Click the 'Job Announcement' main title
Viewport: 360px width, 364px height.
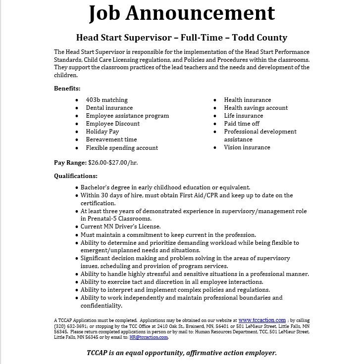pyautogui.click(x=181, y=14)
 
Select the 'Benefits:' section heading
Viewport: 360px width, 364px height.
pyautogui.click(x=67, y=89)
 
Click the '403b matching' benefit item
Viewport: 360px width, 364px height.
pyautogui.click(x=106, y=100)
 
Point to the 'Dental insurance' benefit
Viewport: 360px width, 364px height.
pyautogui.click(x=109, y=108)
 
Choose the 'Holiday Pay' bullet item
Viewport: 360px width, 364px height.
pyautogui.click(x=102, y=132)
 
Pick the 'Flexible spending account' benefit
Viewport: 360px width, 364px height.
pyautogui.click(x=122, y=147)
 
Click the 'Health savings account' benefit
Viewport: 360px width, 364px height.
pyautogui.click(x=256, y=108)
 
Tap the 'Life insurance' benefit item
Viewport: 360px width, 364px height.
pyautogui.click(x=243, y=116)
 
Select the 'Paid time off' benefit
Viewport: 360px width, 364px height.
pyautogui.click(x=241, y=124)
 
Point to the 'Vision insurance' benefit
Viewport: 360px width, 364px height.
pyautogui.click(x=247, y=147)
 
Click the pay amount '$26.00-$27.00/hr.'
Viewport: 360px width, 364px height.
pyautogui.click(x=113, y=162)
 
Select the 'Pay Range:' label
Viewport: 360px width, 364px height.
pyautogui.click(x=70, y=162)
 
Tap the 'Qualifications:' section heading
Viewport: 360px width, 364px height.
pyautogui.click(x=76, y=176)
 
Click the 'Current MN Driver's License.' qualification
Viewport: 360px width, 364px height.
pyautogui.click(x=120, y=227)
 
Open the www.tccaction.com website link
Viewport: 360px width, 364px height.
pyautogui.click(x=262, y=320)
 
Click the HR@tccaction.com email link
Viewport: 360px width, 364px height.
pyautogui.click(x=149, y=337)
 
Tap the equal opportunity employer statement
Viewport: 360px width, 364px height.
pyautogui.click(x=181, y=353)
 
